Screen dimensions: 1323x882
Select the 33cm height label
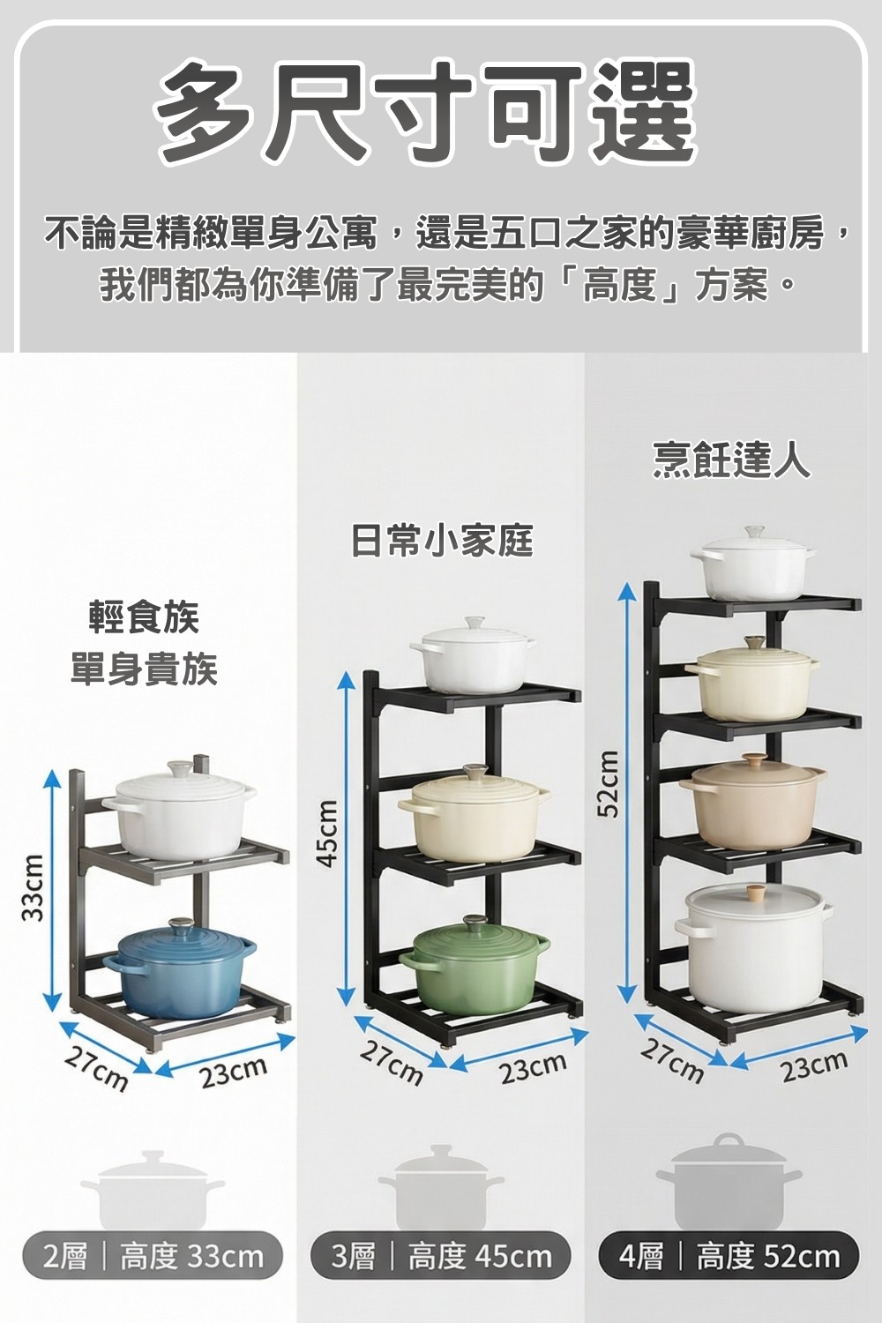(x=33, y=886)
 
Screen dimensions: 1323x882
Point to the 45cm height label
(x=328, y=833)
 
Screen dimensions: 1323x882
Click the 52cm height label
(x=607, y=783)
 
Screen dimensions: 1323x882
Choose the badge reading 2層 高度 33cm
(x=153, y=1256)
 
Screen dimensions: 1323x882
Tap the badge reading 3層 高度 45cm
(x=441, y=1256)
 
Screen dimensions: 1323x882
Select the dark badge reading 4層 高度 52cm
(x=729, y=1256)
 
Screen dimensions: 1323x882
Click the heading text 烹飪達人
(x=731, y=461)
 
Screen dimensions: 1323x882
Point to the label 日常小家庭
(x=442, y=540)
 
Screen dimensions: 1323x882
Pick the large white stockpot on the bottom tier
(x=754, y=948)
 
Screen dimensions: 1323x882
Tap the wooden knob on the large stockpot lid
(x=754, y=892)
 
